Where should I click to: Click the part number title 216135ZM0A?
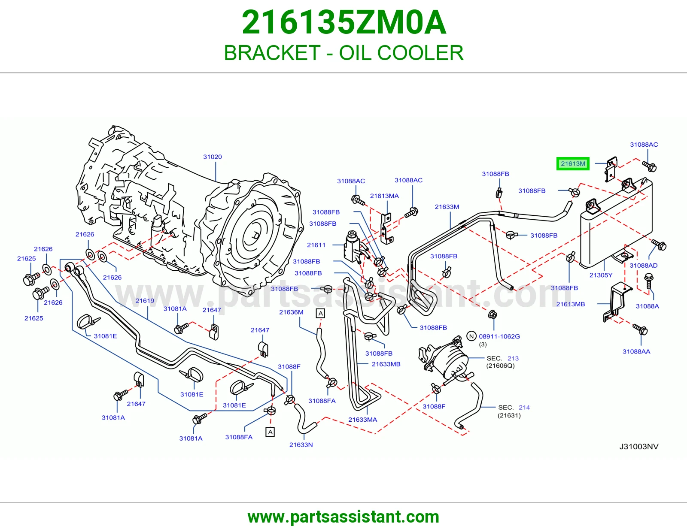pos(344,22)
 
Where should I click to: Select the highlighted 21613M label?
pos(573,163)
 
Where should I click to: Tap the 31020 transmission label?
pos(213,157)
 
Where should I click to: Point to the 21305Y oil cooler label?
pos(601,275)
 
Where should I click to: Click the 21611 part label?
pos(316,245)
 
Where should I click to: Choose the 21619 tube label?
pos(145,301)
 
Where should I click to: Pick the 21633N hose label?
pos(301,445)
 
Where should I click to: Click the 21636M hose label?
pos(291,312)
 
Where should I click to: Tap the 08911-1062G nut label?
pos(499,336)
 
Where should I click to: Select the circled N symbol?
pos(471,336)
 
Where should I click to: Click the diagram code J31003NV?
pos(638,447)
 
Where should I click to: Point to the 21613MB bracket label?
pos(571,304)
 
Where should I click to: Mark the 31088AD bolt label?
pos(643,266)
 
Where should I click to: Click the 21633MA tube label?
pos(363,420)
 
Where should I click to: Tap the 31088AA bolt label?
pos(636,352)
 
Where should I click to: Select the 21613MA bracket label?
pos(384,196)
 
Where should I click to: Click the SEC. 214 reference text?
pos(514,408)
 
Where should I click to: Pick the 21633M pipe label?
pos(447,207)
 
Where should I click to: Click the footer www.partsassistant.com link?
pos(343,517)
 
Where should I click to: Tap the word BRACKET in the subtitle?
pos(272,53)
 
